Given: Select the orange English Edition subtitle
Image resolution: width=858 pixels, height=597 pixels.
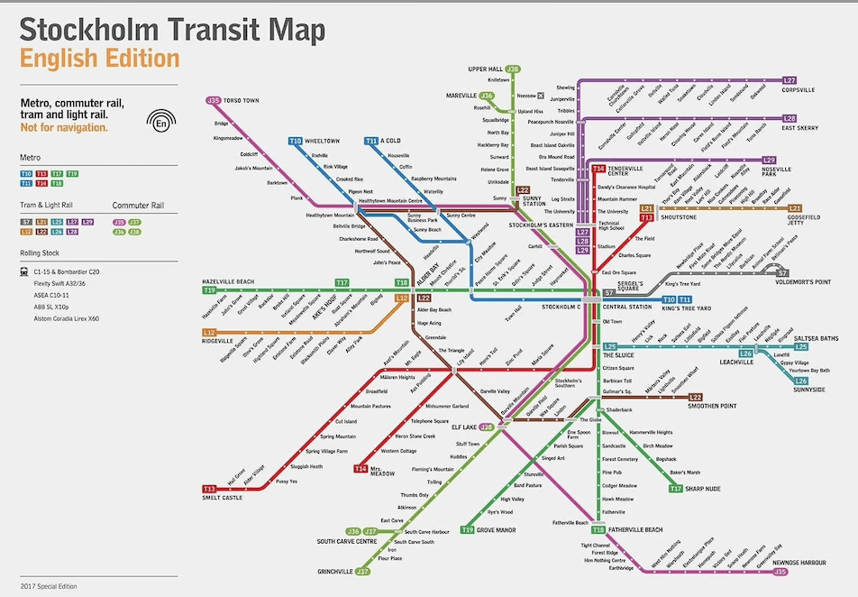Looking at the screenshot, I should point(99,59).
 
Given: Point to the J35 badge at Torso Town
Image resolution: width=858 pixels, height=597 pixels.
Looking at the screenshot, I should point(214,100).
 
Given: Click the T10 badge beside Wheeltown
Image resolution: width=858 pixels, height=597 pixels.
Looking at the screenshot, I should point(296,141).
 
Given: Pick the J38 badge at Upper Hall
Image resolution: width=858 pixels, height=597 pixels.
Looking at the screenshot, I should point(514,69).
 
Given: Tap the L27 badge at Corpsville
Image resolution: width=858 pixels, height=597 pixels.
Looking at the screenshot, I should point(790,80).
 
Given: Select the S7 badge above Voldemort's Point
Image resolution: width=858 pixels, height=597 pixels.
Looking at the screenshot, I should point(782,272).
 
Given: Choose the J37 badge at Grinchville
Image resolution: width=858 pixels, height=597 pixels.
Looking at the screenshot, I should point(363,571).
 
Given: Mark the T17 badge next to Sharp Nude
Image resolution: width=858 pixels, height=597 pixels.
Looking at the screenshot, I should point(676,489).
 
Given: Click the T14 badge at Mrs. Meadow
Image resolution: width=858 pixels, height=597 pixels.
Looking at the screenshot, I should point(361,469).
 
